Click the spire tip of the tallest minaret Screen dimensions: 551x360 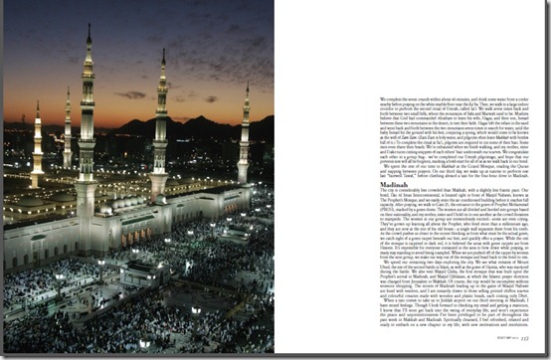(88, 27)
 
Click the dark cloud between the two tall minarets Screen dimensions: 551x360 (130, 95)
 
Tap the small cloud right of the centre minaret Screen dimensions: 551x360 (210, 98)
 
